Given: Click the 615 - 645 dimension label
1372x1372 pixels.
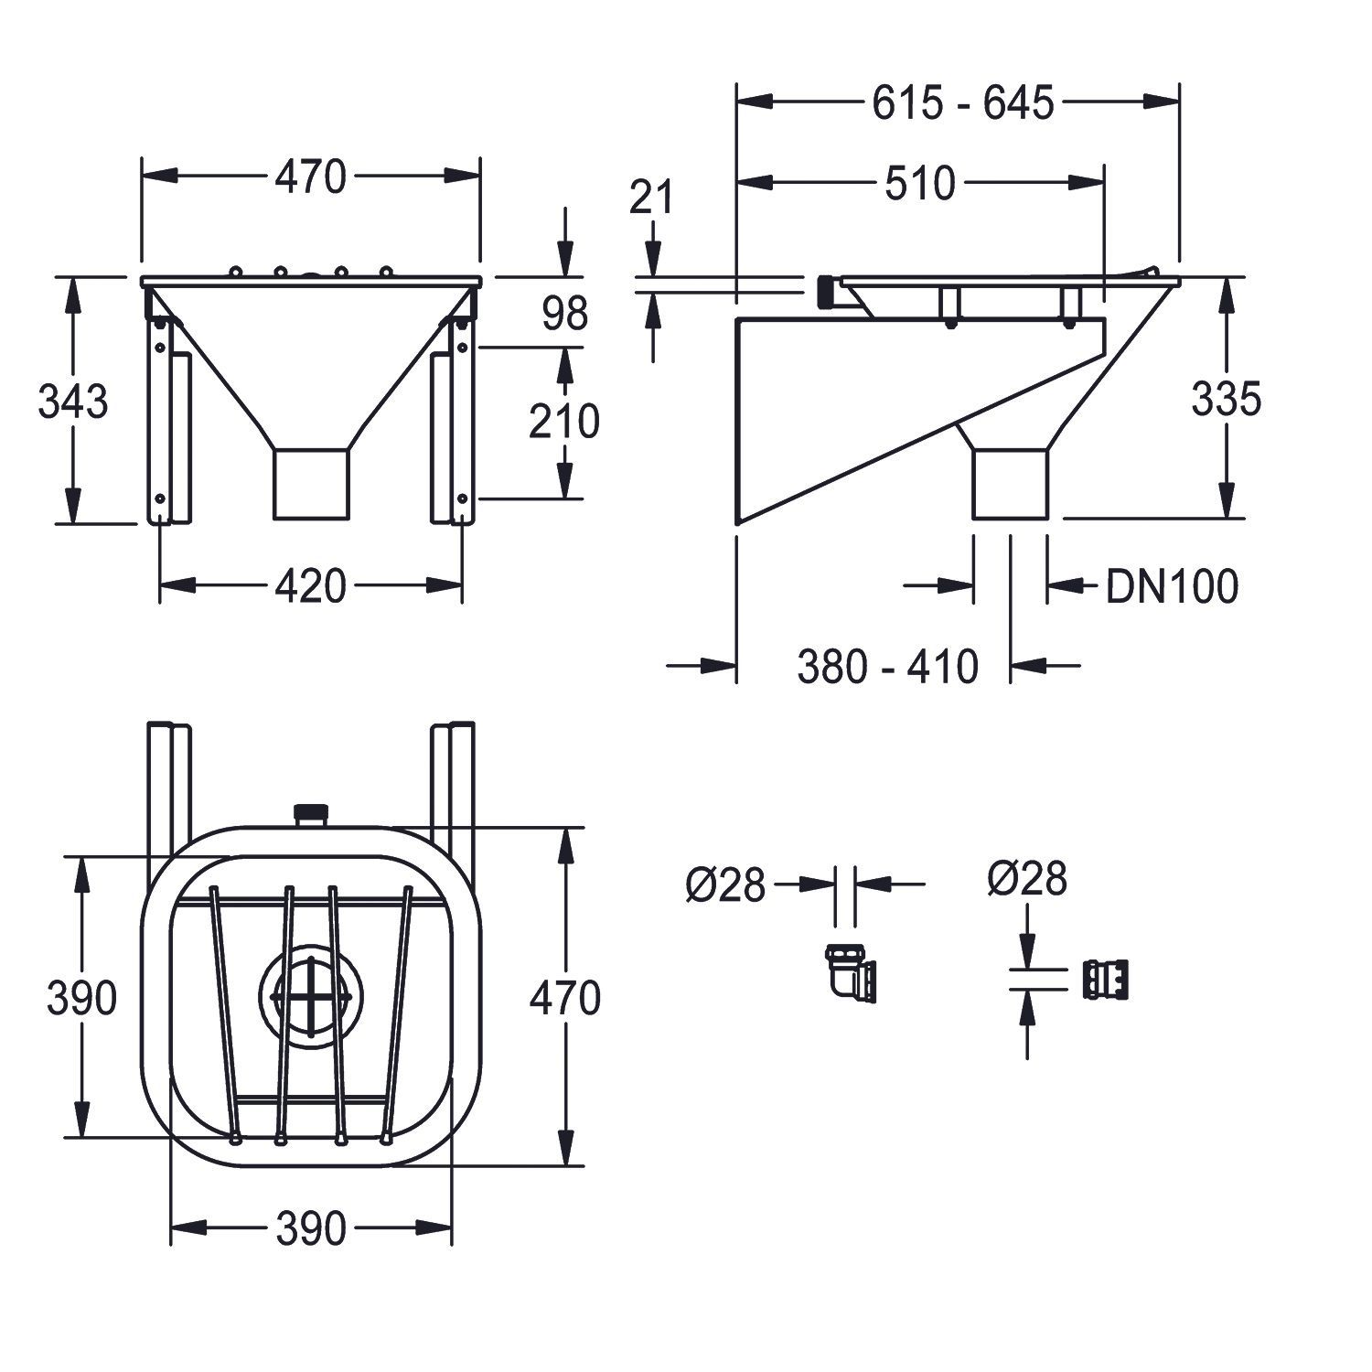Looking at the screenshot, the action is [962, 103].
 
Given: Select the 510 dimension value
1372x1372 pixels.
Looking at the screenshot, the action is [919, 184].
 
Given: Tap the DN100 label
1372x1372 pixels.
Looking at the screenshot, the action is [1172, 586].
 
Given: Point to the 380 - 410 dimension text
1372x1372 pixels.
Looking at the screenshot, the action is [887, 667].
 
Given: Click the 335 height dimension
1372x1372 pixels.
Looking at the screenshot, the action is [1227, 399].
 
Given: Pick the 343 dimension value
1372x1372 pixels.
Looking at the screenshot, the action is [73, 402].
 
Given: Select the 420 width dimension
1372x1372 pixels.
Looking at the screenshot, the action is [311, 586].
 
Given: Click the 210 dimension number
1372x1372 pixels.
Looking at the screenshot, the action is [564, 422].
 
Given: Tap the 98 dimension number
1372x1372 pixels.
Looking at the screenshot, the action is [564, 315].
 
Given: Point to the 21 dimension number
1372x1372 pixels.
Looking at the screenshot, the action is [651, 197].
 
